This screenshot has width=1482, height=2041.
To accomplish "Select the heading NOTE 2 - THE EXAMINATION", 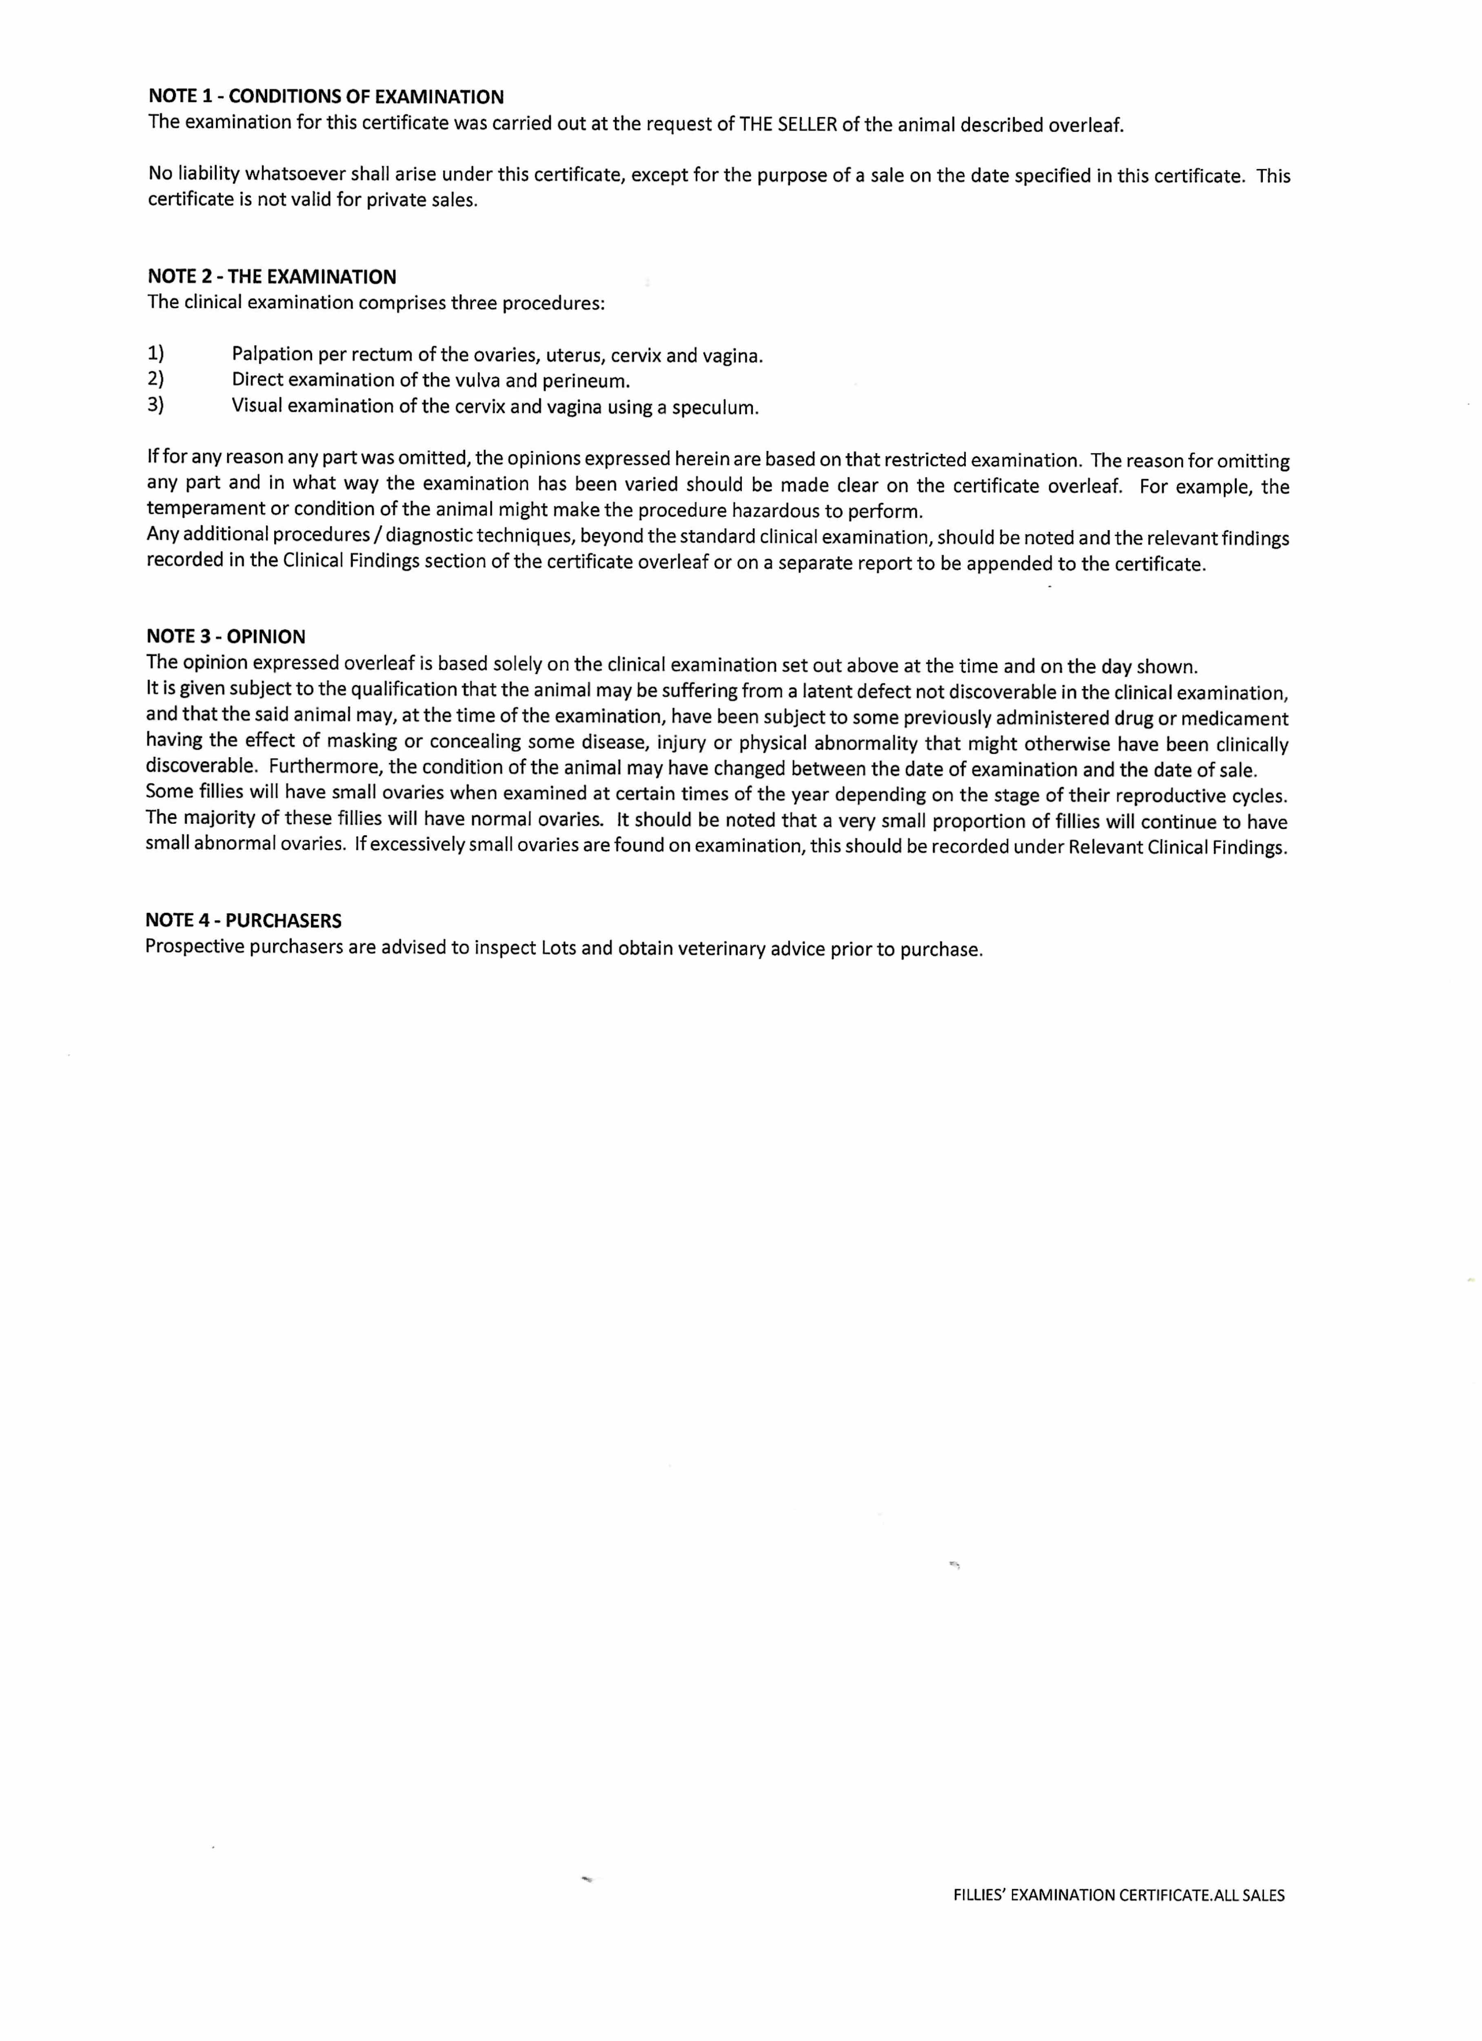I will [272, 276].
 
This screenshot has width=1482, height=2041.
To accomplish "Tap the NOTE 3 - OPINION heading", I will [226, 636].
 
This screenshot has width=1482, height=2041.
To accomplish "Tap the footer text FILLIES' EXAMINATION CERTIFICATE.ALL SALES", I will [1118, 1894].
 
